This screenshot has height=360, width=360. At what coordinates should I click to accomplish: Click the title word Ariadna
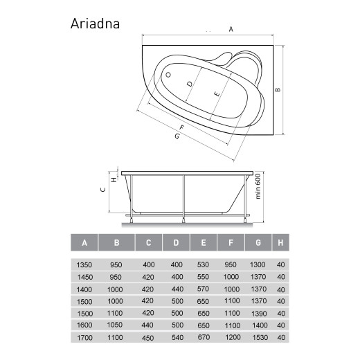[x=96, y=23]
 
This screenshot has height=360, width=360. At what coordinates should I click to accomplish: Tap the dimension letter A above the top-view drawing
[x=231, y=29]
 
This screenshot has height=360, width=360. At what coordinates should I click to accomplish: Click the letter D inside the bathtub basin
[x=190, y=84]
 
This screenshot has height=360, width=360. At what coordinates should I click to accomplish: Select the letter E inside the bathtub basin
[x=216, y=93]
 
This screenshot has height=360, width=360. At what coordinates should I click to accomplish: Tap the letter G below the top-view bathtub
[x=177, y=137]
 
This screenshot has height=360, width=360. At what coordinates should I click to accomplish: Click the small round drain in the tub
[x=168, y=72]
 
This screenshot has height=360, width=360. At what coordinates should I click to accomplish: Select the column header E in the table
[x=203, y=242]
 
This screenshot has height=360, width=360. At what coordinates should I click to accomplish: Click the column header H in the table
[x=280, y=242]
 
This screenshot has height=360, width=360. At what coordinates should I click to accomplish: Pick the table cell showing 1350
[x=84, y=264]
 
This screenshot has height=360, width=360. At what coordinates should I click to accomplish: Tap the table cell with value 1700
[x=84, y=337]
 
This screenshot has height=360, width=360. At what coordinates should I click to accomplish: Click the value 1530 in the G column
[x=257, y=337]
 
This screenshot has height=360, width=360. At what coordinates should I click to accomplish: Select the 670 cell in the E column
[x=203, y=337]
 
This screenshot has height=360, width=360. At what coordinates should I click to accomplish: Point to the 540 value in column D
[x=177, y=337]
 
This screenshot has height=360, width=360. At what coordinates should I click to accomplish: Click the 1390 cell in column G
[x=257, y=313]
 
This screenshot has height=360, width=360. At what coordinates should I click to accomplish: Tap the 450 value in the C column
[x=148, y=337]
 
